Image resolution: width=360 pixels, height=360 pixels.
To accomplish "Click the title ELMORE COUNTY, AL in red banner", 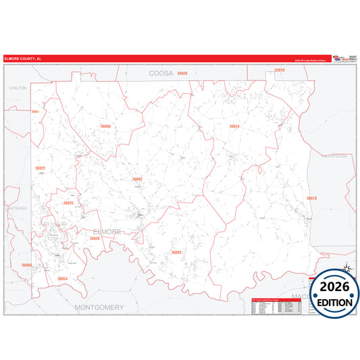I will [23, 59].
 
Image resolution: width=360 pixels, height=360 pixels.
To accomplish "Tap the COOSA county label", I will [161, 72].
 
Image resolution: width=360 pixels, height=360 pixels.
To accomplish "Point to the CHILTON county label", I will [17, 88].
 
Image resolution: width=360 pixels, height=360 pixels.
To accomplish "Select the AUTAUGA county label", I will [15, 209].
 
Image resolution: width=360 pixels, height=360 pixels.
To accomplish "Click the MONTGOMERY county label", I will [99, 307].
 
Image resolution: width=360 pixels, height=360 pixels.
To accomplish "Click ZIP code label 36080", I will [105, 126].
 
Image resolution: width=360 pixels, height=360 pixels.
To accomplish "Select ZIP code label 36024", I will [234, 126].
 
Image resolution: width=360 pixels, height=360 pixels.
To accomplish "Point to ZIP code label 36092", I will [137, 179].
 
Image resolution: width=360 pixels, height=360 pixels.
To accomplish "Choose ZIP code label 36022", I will [40, 168].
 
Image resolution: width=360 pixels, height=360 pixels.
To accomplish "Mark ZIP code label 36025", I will [68, 203].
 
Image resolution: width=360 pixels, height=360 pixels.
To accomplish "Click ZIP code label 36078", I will [311, 198].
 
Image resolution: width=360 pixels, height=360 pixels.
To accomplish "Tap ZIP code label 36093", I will [176, 252].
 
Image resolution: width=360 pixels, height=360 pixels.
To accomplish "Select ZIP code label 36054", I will [62, 278].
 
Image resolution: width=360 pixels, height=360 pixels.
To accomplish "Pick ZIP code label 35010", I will [279, 70].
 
